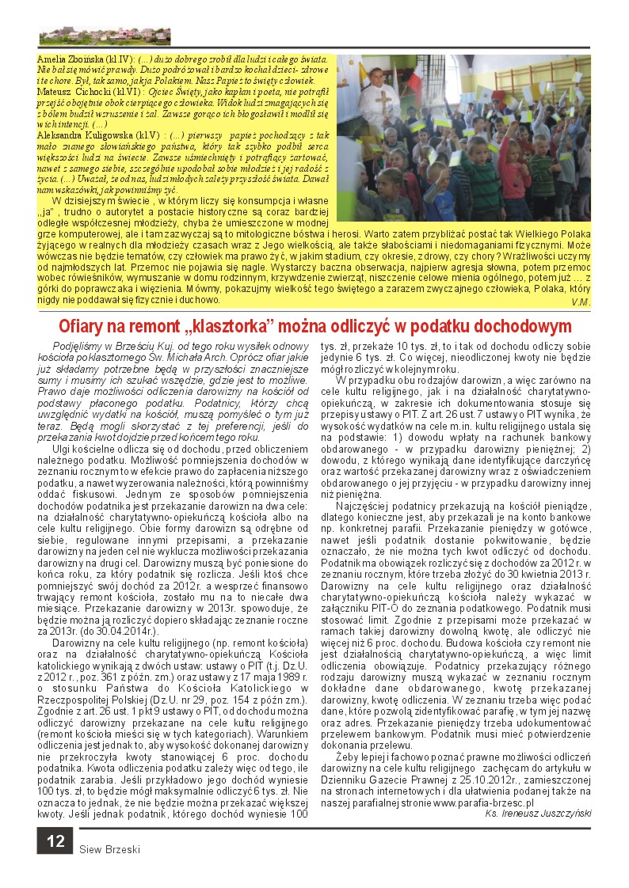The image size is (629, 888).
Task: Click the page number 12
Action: pos(55,841)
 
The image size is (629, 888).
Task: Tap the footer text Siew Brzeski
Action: pos(109,850)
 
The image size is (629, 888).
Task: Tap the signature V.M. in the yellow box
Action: pos(580,302)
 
